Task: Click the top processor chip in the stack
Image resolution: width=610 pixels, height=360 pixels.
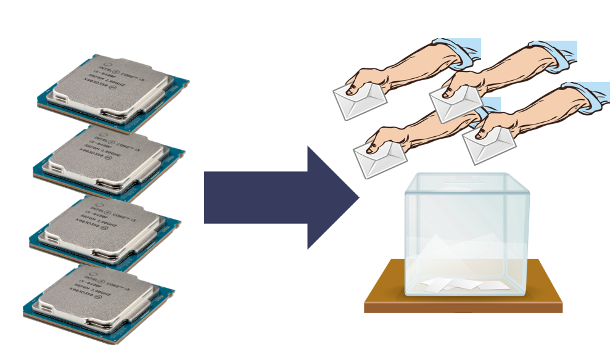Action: point(114,92)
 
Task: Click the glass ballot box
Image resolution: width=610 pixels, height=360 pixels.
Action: point(466,234)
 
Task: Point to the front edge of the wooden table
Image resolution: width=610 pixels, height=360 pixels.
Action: point(463,307)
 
